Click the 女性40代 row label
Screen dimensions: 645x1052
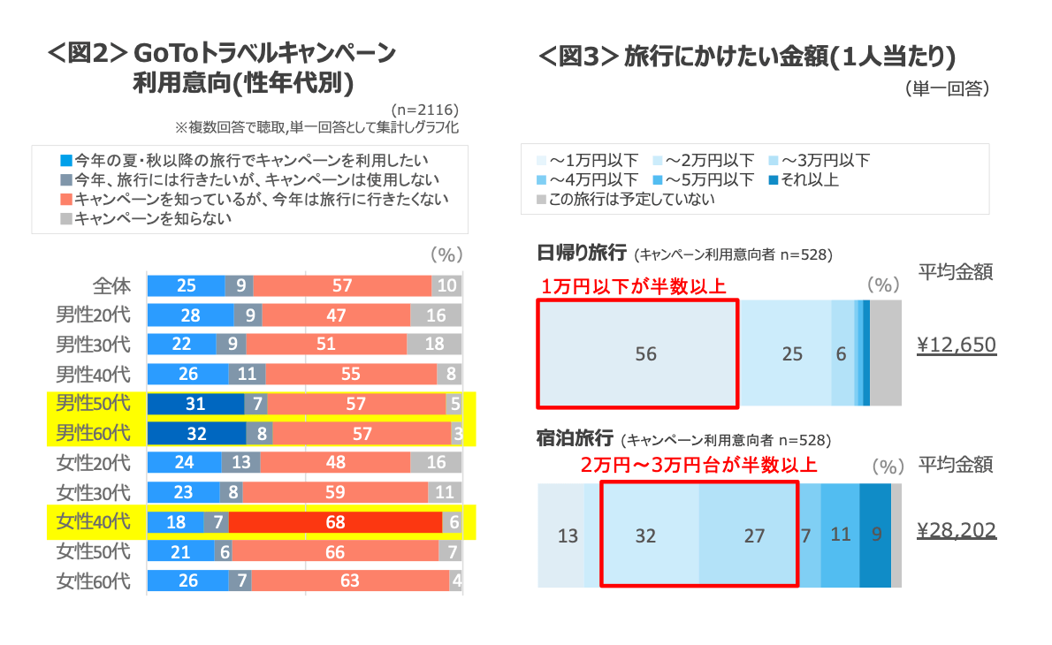pyautogui.click(x=93, y=521)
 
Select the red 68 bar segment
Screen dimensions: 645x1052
pyautogui.click(x=335, y=522)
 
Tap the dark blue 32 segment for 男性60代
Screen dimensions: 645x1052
pyautogui.click(x=196, y=434)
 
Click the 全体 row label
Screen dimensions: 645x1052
pyautogui.click(x=111, y=285)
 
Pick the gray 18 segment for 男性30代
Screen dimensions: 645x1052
pyautogui.click(x=435, y=345)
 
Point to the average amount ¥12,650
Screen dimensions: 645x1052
pyautogui.click(x=957, y=345)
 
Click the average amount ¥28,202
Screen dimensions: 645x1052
pyautogui.click(x=957, y=530)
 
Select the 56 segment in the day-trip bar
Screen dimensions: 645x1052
pyautogui.click(x=646, y=353)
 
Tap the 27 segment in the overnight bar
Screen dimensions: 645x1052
pyautogui.click(x=753, y=535)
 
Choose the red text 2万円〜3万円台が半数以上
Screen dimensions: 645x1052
pyautogui.click(x=698, y=465)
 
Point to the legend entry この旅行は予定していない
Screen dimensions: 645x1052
pyautogui.click(x=631, y=199)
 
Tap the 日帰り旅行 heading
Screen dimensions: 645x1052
pyautogui.click(x=582, y=254)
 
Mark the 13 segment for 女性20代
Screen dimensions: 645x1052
pyautogui.click(x=240, y=463)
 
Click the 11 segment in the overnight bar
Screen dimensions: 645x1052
pyautogui.click(x=840, y=535)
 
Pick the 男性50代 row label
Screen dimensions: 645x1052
pyautogui.click(x=93, y=404)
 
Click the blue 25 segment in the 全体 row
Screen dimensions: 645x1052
pyautogui.click(x=186, y=285)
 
